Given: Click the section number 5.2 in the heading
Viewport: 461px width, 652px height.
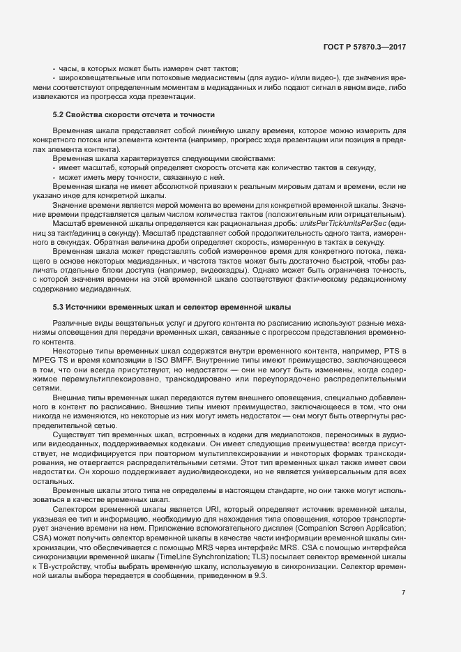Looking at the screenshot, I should (x=60, y=114).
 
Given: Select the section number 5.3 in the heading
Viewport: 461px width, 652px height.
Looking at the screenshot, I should (x=60, y=307).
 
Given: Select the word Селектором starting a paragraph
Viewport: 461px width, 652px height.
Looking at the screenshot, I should (x=72, y=510).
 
